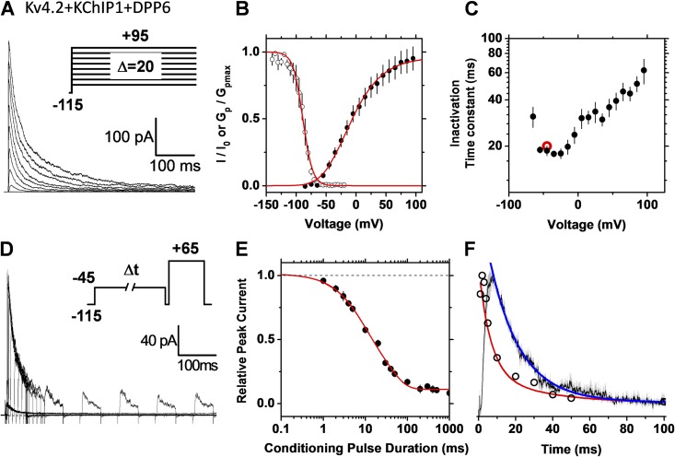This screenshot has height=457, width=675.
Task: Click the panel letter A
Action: coord(8,13)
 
